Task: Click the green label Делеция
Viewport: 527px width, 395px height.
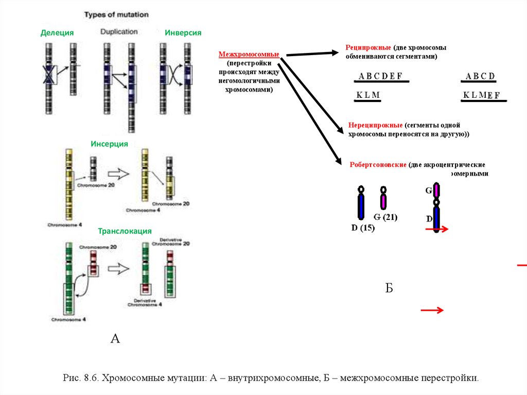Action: pyautogui.click(x=57, y=33)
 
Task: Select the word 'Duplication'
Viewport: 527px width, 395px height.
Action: pyautogui.click(x=119, y=32)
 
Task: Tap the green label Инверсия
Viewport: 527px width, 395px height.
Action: pyautogui.click(x=183, y=33)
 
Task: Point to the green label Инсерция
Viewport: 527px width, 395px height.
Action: pyautogui.click(x=109, y=144)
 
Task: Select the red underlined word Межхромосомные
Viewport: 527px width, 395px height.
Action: pyautogui.click(x=249, y=54)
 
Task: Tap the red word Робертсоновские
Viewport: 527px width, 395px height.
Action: pyautogui.click(x=378, y=165)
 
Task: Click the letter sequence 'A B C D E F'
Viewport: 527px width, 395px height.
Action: pyautogui.click(x=380, y=77)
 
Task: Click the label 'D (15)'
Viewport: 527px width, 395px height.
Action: pyautogui.click(x=363, y=228)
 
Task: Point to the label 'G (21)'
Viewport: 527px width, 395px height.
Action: pyautogui.click(x=385, y=217)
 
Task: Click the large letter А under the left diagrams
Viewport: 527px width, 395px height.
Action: pyautogui.click(x=115, y=338)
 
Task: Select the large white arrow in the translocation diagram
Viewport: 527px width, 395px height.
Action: pyautogui.click(x=119, y=268)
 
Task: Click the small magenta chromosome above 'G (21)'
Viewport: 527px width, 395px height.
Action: pyautogui.click(x=383, y=197)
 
